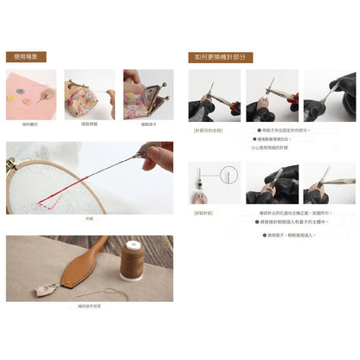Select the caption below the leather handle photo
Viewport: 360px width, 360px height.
pos(88,306)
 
